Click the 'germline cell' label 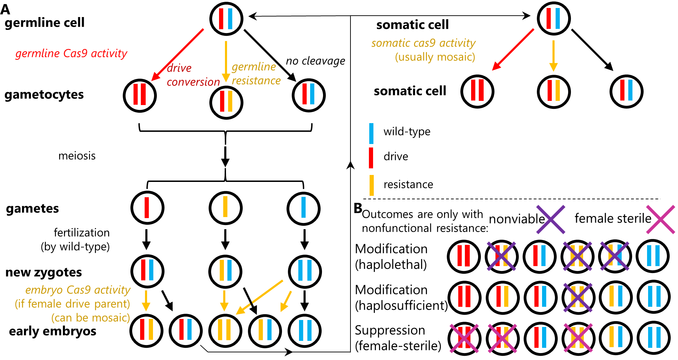coord(45,23)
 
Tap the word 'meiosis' coord(77,155)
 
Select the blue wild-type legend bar coord(371,134)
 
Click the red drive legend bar coord(371,158)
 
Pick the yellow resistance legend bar coord(371,185)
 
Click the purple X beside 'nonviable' coord(550,219)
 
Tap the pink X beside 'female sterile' coord(661,219)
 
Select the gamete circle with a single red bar coord(147,208)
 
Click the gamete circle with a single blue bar coord(304,208)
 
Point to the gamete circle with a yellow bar coord(225,208)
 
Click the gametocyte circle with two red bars coord(140,95)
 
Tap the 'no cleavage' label coord(315,61)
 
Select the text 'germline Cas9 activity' coord(71,53)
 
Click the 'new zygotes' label coord(44,272)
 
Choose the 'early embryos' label coord(53,331)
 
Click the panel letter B coord(358,208)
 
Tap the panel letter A coord(5,9)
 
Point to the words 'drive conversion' coord(193,75)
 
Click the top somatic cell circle coord(554,18)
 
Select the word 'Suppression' coord(390,330)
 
